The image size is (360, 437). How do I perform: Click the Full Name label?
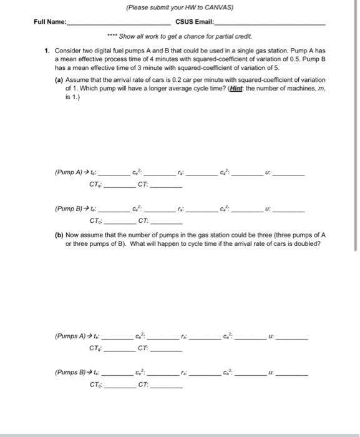coord(50,22)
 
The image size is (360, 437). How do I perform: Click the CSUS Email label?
coord(194,22)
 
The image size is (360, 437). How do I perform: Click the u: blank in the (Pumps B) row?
coord(291,375)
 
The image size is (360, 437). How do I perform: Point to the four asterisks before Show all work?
coord(112,36)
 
